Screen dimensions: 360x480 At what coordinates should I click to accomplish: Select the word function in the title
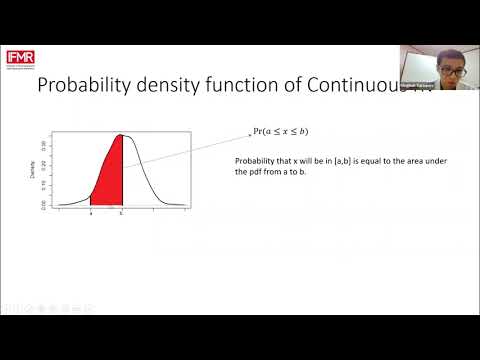pyautogui.click(x=250, y=87)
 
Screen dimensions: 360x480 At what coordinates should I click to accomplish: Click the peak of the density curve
pyautogui.click(x=121, y=135)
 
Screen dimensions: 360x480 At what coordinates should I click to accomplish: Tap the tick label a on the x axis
pyautogui.click(x=91, y=213)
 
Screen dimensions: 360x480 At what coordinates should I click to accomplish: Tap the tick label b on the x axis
pyautogui.click(x=121, y=213)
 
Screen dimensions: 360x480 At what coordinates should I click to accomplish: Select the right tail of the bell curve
pyautogui.click(x=170, y=200)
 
